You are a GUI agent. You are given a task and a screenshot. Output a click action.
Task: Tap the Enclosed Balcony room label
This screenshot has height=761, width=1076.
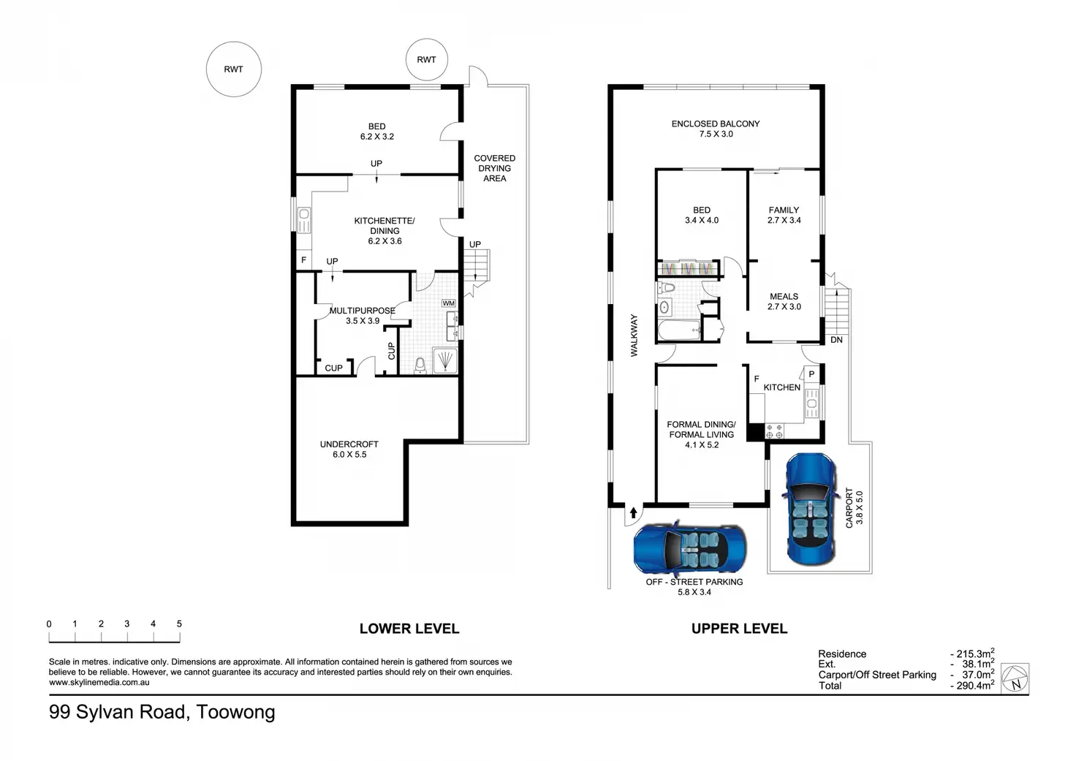coord(716,129)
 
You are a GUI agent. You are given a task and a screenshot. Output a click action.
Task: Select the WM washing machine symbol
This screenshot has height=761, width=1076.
coord(448,303)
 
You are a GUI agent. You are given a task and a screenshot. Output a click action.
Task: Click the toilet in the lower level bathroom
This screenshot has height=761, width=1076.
coord(420,365)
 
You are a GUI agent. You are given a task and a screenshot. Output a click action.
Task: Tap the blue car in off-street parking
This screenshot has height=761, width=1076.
coord(690,548)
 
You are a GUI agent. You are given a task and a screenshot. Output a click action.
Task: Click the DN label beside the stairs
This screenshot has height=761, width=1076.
coord(836,340)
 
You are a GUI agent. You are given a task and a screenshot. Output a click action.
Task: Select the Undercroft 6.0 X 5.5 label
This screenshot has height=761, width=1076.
coord(349,449)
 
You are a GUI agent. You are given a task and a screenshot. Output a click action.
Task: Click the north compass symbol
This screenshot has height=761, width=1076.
coord(1015,678)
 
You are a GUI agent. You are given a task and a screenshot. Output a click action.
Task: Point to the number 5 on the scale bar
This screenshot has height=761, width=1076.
coord(179,624)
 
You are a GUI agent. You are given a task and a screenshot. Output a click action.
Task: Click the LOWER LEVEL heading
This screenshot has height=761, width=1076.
coord(409,629)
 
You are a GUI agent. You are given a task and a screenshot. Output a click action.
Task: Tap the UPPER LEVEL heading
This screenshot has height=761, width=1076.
coord(739,629)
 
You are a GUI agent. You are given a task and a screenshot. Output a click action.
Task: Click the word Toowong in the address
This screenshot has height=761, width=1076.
coord(235,712)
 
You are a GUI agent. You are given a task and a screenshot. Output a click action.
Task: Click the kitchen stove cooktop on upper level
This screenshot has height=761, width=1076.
coord(774,431)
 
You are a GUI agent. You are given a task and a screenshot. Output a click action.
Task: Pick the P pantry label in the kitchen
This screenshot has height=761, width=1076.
coord(812,374)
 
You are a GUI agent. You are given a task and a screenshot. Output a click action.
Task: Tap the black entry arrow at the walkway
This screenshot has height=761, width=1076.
coord(633,512)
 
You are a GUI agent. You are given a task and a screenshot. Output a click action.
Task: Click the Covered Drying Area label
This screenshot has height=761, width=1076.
coord(494,168)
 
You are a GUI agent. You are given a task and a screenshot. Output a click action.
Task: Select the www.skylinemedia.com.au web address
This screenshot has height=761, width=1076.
coord(99,682)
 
